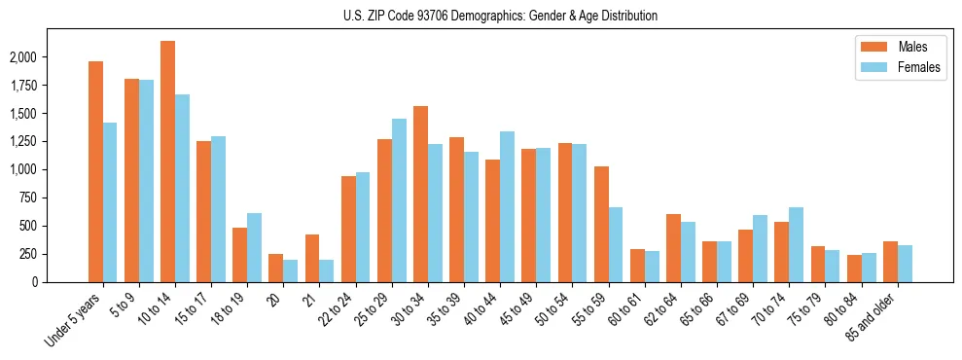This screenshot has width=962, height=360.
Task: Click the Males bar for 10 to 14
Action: pyautogui.click(x=167, y=162)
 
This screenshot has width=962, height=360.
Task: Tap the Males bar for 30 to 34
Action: pyautogui.click(x=420, y=194)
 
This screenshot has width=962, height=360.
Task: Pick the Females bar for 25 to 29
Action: pyautogui.click(x=399, y=200)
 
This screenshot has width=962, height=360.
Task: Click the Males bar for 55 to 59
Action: pyautogui.click(x=601, y=224)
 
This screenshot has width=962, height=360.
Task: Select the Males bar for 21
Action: pyautogui.click(x=312, y=258)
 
